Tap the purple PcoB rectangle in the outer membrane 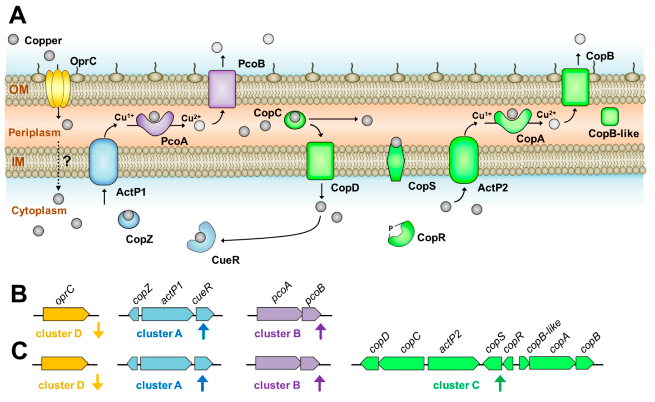click(222, 89)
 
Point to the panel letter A click(18, 15)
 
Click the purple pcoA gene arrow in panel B click(279, 314)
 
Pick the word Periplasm click(34, 132)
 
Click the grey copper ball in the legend click(13, 40)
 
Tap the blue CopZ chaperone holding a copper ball click(129, 220)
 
